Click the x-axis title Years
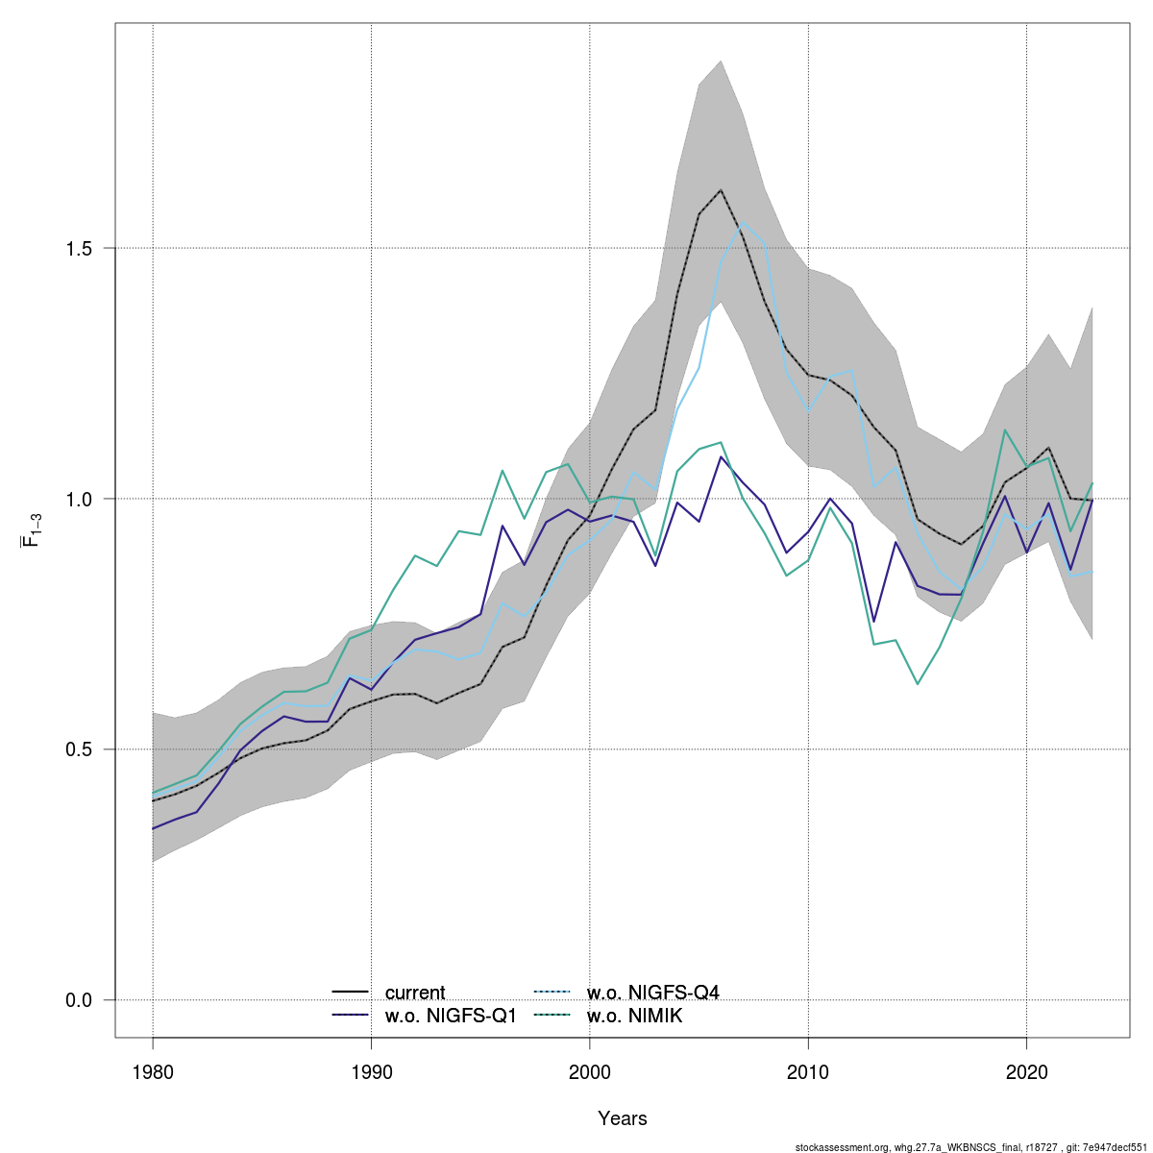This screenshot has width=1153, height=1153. pos(623,1118)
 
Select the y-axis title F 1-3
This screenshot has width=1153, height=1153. pos(31,530)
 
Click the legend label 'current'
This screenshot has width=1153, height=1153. pos(415,993)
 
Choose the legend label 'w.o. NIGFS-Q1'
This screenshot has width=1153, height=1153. pos(451,1016)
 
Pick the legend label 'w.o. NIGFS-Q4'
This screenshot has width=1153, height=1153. pos(652,993)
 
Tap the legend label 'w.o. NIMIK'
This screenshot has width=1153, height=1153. pos(634,1016)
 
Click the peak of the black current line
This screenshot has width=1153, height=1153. pos(721,190)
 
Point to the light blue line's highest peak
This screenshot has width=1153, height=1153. pos(743,223)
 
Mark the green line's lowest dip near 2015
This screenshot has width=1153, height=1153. pos(918,684)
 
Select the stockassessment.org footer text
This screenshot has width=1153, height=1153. pos(971,1146)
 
